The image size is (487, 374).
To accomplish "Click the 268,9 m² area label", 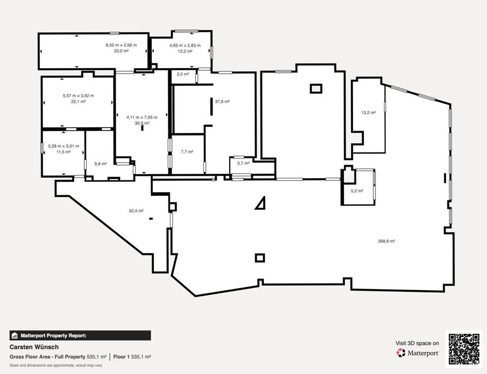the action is pos(386,241).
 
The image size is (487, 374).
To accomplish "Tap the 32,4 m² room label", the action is pos(136,211).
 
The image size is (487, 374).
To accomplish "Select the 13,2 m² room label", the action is pos(368,113).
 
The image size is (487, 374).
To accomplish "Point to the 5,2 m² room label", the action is pos(357,191).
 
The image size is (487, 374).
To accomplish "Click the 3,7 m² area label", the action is pos(243,163).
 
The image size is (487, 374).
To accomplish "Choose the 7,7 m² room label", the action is pos(187,152).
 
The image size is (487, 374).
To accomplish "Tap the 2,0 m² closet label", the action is pos(183,74).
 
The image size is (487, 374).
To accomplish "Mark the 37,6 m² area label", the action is pos(222,102).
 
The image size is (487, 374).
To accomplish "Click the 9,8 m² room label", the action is pos(100,164).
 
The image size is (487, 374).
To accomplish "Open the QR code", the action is pos(464,349).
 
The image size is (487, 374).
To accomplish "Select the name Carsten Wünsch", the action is pos(34,347).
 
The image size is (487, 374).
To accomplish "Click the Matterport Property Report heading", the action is pos(53,336).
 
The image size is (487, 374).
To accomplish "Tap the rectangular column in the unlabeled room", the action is pos(316,89).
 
